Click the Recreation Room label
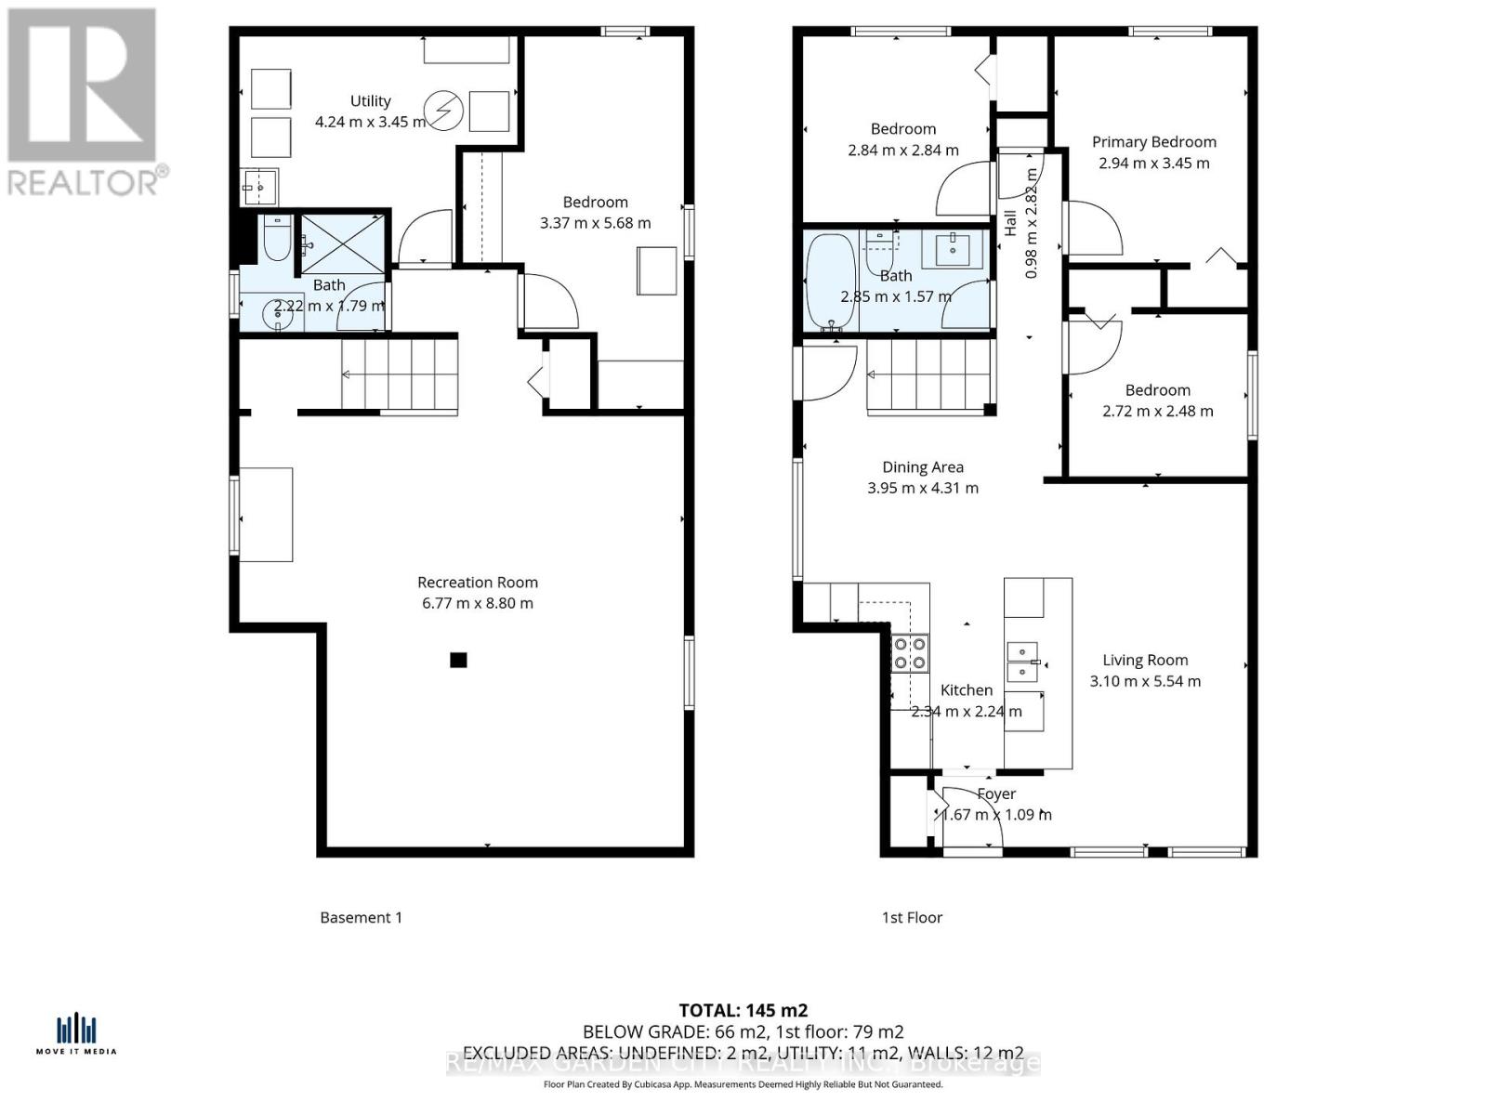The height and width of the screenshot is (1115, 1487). click(477, 583)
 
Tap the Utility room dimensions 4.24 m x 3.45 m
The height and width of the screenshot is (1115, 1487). click(370, 122)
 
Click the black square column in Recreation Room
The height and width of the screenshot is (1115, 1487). click(458, 661)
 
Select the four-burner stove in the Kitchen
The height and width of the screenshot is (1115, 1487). click(909, 652)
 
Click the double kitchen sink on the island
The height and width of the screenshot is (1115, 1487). click(1024, 660)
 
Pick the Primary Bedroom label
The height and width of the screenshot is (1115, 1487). click(1153, 142)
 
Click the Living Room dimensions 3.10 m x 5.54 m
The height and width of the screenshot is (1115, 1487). click(1145, 681)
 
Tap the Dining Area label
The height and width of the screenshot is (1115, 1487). click(922, 467)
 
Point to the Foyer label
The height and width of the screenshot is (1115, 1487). click(996, 794)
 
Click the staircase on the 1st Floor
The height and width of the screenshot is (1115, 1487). click(926, 374)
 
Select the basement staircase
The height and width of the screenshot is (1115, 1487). click(400, 374)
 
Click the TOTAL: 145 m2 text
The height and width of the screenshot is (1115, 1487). click(743, 1010)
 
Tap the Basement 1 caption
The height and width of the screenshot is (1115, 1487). click(361, 917)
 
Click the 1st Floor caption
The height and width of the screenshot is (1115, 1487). click(912, 917)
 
